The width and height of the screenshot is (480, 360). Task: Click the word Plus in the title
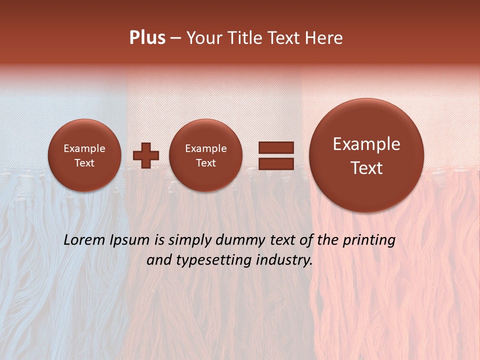[x=147, y=38]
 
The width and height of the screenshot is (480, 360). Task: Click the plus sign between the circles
[x=146, y=155]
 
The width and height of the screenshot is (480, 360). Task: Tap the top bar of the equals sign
[x=275, y=148]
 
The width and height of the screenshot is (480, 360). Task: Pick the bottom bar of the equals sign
[x=275, y=163]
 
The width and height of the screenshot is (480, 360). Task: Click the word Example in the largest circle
[x=366, y=144]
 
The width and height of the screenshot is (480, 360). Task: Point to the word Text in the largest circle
[x=366, y=168]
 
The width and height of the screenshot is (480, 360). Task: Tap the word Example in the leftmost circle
[x=84, y=148]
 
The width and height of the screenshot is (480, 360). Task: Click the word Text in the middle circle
[x=205, y=163]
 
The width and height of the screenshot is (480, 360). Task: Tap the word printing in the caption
[x=368, y=240]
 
